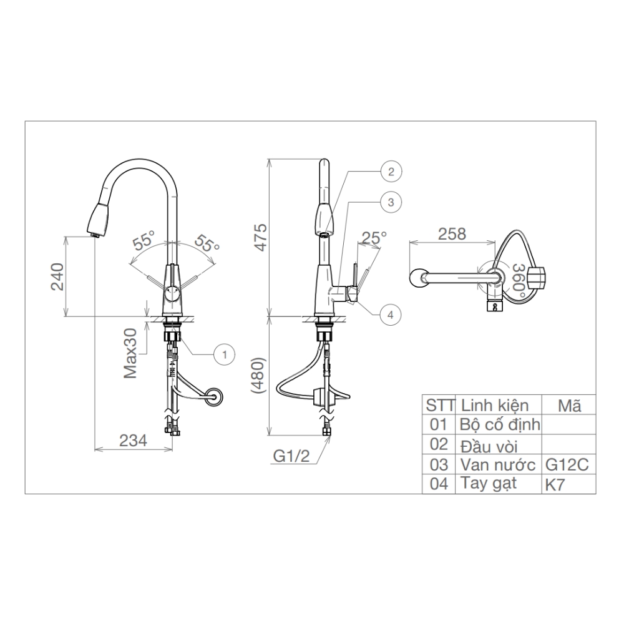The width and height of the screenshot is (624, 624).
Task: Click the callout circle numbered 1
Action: [x=224, y=354]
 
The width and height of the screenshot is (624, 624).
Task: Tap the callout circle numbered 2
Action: [x=391, y=172]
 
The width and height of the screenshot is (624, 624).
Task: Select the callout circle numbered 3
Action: [x=391, y=202]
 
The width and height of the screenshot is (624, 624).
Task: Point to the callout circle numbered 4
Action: [x=390, y=314]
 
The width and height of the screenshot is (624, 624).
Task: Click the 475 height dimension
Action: [x=260, y=238]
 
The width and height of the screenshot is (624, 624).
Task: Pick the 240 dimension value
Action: [x=57, y=277]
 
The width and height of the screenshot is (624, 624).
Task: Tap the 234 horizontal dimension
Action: [x=133, y=441]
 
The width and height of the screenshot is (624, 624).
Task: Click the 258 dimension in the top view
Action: [x=452, y=234]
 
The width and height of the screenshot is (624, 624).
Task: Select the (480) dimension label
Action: [x=258, y=375]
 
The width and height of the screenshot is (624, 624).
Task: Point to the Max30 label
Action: [x=130, y=353]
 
